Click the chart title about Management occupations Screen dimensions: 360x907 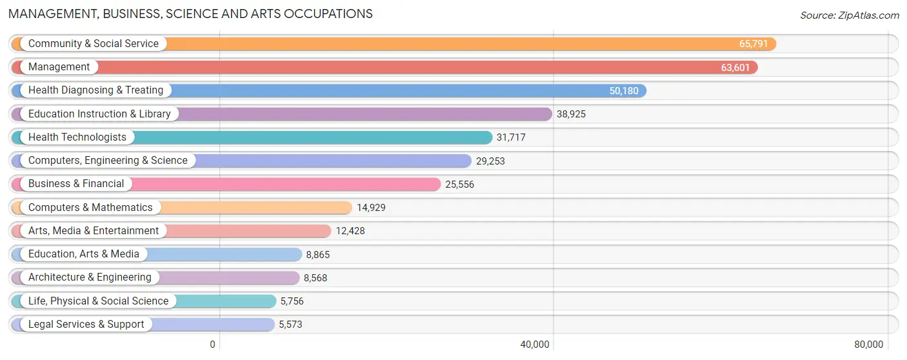pyautogui.click(x=191, y=14)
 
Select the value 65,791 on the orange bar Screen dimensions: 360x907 pyautogui.click(x=753, y=44)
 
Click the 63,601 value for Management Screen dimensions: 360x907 pyautogui.click(x=735, y=67)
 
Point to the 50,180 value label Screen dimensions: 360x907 pyautogui.click(x=624, y=91)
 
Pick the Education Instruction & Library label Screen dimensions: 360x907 pyautogui.click(x=99, y=114)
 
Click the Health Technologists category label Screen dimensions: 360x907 pyautogui.click(x=77, y=137)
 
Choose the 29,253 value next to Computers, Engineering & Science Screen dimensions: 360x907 pyautogui.click(x=490, y=161)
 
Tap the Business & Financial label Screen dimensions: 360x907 pyautogui.click(x=76, y=184)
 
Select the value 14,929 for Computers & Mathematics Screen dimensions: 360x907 pyautogui.click(x=371, y=208)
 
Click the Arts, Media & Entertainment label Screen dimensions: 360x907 pyautogui.click(x=94, y=231)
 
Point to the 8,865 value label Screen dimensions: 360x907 pyautogui.click(x=318, y=255)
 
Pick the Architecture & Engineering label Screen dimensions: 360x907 pyautogui.click(x=90, y=277)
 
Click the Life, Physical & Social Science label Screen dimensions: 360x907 pyautogui.click(x=98, y=301)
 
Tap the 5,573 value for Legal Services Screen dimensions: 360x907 pyautogui.click(x=290, y=325)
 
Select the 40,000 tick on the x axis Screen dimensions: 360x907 pyautogui.click(x=535, y=345)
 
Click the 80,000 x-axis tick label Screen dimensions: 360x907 pyautogui.click(x=868, y=345)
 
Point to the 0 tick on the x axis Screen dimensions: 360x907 pyautogui.click(x=212, y=345)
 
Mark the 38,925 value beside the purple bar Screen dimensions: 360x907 pyautogui.click(x=571, y=114)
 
